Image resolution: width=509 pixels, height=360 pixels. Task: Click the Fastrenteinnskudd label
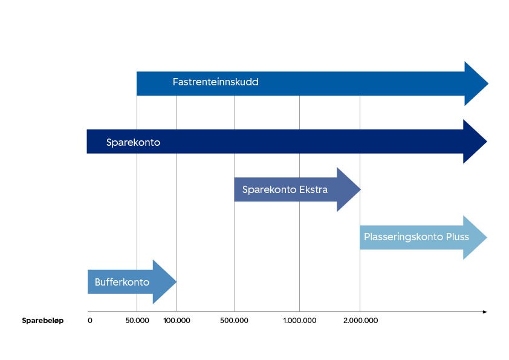click(x=215, y=82)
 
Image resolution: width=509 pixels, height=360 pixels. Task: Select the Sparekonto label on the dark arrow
click(x=133, y=143)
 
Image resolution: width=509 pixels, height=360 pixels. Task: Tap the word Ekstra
click(x=313, y=190)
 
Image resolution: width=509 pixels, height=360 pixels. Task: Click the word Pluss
click(x=457, y=237)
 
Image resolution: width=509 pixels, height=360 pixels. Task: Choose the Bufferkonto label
click(x=122, y=282)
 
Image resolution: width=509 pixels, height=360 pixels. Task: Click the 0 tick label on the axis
click(x=90, y=320)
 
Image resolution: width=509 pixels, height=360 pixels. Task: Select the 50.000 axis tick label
click(x=137, y=320)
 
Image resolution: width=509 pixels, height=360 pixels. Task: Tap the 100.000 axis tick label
click(x=177, y=320)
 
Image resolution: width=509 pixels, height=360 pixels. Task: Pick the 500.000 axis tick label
click(x=235, y=320)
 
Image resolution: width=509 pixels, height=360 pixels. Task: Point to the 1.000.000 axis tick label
click(x=299, y=320)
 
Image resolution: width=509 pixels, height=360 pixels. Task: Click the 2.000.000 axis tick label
click(x=360, y=320)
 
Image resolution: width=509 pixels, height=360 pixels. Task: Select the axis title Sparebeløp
click(x=43, y=320)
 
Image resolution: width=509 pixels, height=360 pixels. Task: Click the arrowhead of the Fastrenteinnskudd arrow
click(x=475, y=83)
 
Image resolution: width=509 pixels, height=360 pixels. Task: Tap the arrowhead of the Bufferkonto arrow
click(x=164, y=282)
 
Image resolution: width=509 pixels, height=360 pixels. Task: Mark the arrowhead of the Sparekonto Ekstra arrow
click(x=348, y=190)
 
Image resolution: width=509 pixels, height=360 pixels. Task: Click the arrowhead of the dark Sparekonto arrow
click(x=475, y=142)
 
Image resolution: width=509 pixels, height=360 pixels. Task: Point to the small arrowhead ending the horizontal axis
click(x=484, y=312)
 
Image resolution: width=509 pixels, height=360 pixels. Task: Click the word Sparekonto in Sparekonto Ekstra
click(x=269, y=190)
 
